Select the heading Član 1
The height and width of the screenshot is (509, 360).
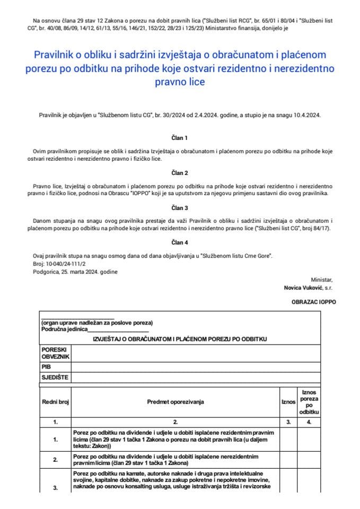pos(180,137)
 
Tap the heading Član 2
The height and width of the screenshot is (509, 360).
pos(180,173)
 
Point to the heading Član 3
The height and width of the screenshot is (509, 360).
pos(180,208)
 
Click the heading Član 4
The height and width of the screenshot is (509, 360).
pos(180,243)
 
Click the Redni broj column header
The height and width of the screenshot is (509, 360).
pos(56,402)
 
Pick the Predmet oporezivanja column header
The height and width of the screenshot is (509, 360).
pos(175,402)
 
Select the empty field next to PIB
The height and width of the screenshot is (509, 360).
pos(195,366)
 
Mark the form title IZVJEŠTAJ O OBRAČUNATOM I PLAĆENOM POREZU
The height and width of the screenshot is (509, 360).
pos(180,338)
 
